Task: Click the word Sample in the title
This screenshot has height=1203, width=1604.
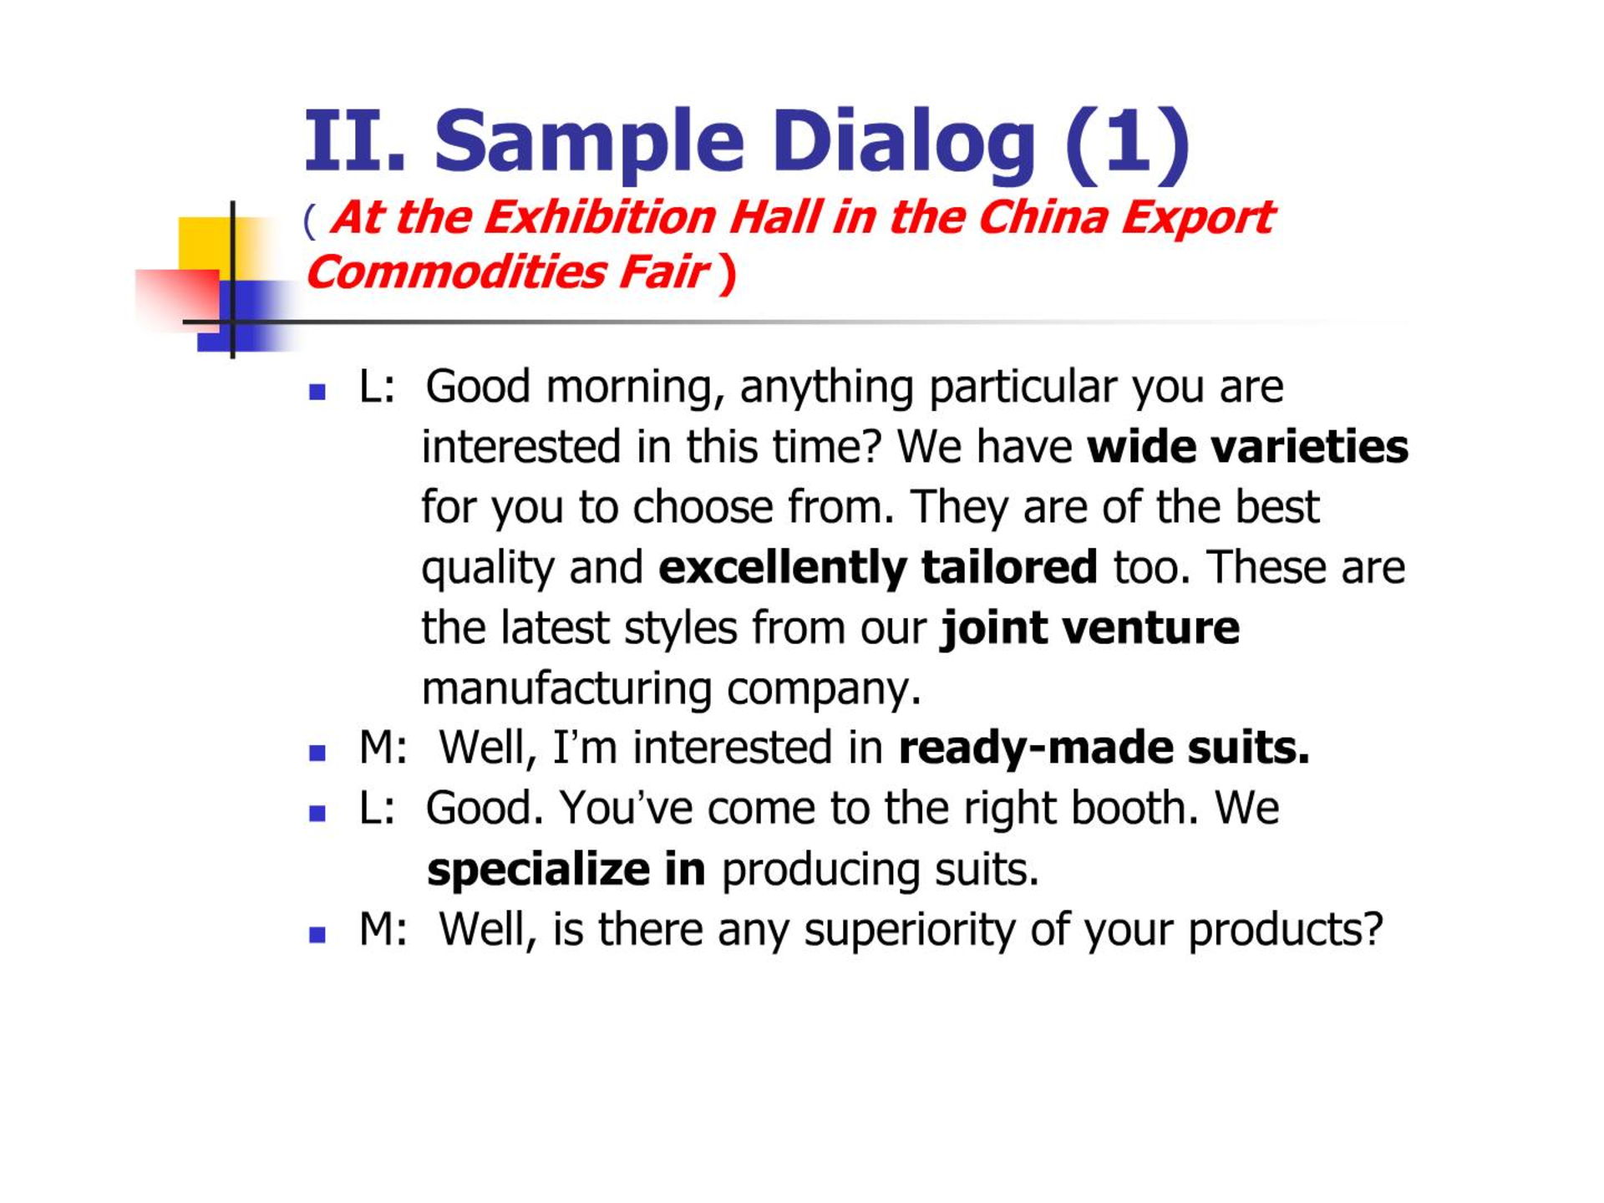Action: [x=589, y=143]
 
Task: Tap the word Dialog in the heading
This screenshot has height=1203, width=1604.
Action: [x=903, y=143]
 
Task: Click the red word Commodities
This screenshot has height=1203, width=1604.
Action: [x=456, y=272]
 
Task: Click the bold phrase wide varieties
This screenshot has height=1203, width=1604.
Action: [x=1247, y=447]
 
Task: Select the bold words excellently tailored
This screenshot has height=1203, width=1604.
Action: [x=878, y=567]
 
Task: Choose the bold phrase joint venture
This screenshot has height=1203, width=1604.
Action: [x=1090, y=628]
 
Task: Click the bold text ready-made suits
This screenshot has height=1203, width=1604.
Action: [x=1104, y=748]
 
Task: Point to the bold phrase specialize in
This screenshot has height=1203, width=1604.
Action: [x=566, y=871]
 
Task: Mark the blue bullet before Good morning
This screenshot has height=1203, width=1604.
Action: [x=317, y=392]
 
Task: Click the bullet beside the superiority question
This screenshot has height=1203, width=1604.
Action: [x=317, y=934]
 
